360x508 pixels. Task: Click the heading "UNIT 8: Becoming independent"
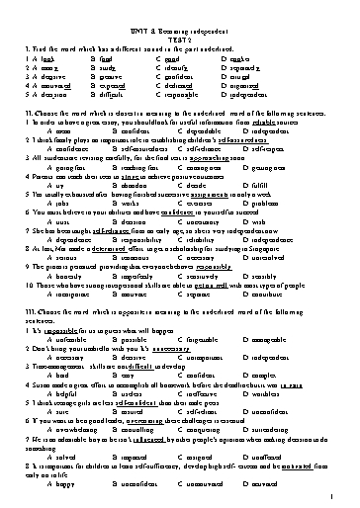click(x=179, y=7)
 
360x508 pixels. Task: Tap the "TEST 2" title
click(x=179, y=17)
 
